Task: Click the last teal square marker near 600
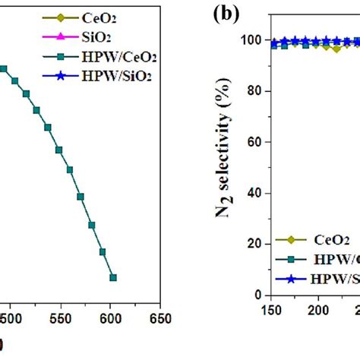pyautogui.click(x=112, y=277)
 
